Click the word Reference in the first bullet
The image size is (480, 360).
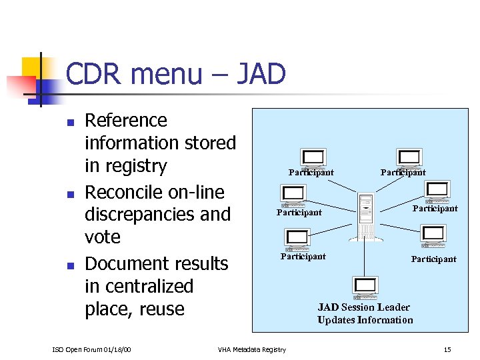tap(126, 121)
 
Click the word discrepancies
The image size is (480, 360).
tap(157, 215)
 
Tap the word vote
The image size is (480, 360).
tap(103, 237)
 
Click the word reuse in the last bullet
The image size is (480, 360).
tap(158, 309)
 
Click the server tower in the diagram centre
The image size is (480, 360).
tap(366, 217)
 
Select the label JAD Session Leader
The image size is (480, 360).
tap(363, 307)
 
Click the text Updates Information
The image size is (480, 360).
tap(365, 320)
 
